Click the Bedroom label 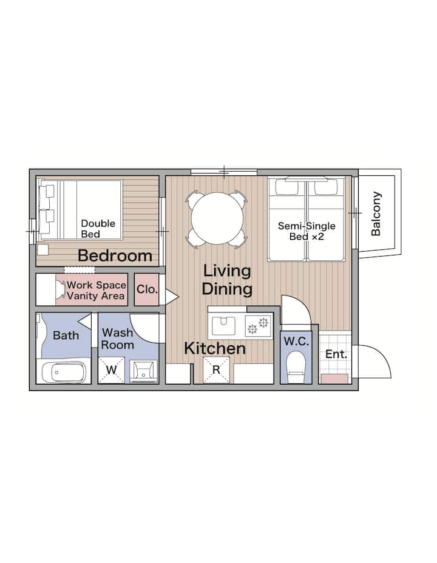(115, 255)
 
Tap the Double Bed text (98, 229)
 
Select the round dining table (217, 218)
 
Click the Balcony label (376, 214)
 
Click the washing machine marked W (111, 370)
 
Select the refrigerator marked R (216, 370)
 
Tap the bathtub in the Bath (64, 373)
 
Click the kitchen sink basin (223, 326)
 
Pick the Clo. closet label (147, 289)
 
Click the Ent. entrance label (336, 354)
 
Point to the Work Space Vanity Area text (96, 291)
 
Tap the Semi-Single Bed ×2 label (307, 231)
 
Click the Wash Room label (117, 339)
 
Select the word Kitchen (215, 349)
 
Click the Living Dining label (227, 280)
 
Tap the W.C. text (296, 342)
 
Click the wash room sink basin (143, 371)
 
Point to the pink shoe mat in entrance (334, 379)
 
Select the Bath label (66, 335)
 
